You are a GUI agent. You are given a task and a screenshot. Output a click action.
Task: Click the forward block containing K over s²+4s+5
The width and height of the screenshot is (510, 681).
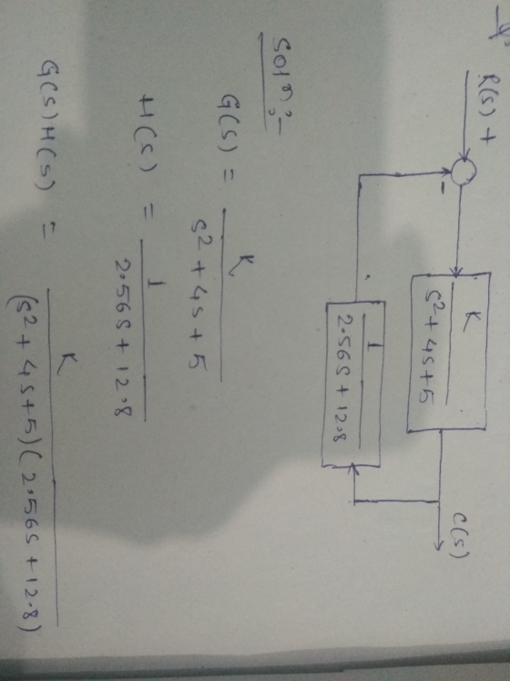click(x=448, y=352)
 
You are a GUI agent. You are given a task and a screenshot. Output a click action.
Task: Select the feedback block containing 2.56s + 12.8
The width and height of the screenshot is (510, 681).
click(x=352, y=385)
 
